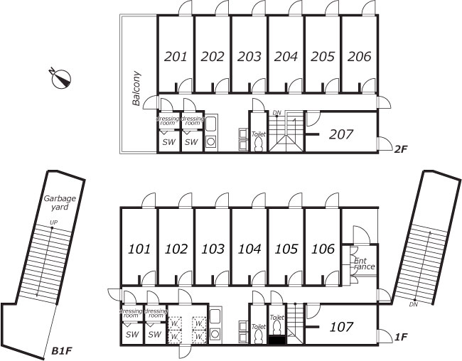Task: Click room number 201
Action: coord(176,56)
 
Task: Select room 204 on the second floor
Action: coord(286,56)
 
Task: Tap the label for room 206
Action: coord(360,56)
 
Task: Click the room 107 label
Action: coord(341,328)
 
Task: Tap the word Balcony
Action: coord(136,88)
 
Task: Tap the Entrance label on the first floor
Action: coord(364,264)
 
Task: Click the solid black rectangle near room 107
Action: coord(277,340)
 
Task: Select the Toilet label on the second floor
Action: coord(258,134)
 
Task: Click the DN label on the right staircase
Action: coord(413,304)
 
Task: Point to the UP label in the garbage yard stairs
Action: coord(53,224)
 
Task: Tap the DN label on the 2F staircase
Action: coord(277,112)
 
